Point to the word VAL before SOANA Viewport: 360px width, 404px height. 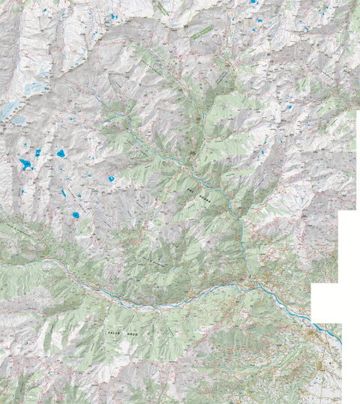click(193, 193)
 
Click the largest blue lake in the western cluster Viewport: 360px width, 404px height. click(25, 163)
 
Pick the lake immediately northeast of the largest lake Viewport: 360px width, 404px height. click(37, 152)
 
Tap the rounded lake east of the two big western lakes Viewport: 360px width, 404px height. click(61, 153)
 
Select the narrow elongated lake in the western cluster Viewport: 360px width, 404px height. click(64, 193)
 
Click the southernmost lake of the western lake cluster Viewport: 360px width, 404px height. click(76, 215)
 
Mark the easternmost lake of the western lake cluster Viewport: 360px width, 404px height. click(111, 179)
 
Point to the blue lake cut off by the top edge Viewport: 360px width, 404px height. click(253, 2)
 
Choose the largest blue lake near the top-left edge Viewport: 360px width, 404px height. click(114, 16)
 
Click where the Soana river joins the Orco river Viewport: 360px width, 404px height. click(247, 283)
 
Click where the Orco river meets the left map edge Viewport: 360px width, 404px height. click(1, 265)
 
